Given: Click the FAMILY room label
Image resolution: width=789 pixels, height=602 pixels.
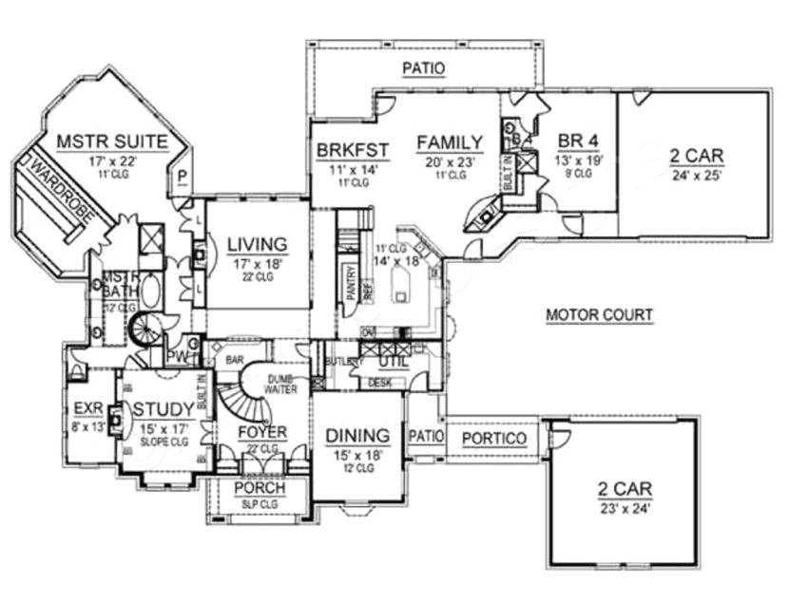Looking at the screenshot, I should pos(450,142).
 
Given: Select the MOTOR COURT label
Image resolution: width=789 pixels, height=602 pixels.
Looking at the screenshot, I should pos(599,314).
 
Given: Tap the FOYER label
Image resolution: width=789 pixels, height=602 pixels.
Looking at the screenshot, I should pos(262,433).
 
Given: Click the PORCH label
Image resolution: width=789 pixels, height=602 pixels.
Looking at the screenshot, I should pos(260,491).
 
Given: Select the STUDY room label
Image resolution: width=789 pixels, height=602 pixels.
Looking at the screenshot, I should pos(164,409).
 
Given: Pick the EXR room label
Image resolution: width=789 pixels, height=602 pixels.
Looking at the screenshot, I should pos(87,410).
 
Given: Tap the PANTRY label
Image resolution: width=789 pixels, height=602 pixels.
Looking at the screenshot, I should pos(351,283).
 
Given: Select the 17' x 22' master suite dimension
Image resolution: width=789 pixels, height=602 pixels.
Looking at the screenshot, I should pos(111,161).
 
